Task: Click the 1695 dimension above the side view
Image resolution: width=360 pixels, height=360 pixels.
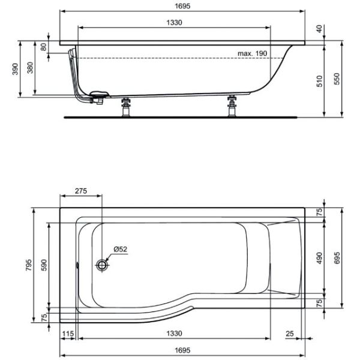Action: point(182,6)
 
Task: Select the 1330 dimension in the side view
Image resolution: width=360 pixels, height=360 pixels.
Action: point(174,23)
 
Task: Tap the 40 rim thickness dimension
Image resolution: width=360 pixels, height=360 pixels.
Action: point(319,29)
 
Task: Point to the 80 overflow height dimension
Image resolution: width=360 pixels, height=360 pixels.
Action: point(43,47)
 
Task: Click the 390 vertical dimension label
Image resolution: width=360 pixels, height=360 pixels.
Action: point(15,69)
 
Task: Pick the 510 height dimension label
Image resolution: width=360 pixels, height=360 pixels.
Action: point(319,81)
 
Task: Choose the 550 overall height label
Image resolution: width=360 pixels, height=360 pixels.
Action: point(337,79)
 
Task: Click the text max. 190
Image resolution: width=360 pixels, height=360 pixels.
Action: point(253,53)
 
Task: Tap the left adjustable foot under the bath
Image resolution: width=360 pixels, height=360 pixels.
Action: point(125,107)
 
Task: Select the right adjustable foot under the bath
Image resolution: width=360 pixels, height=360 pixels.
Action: point(232,106)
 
